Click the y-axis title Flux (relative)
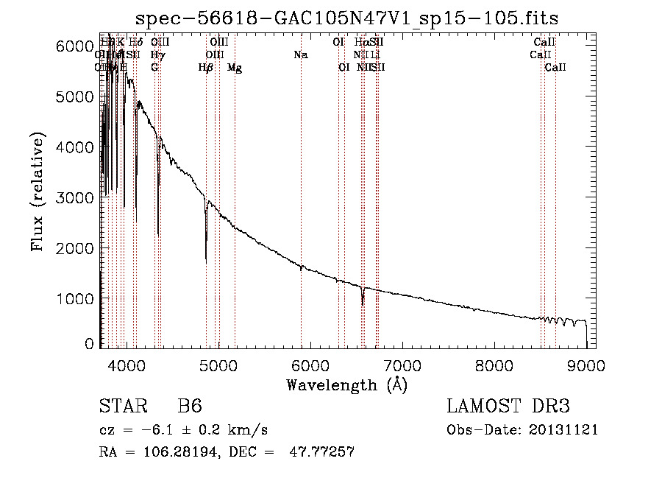[x=38, y=193]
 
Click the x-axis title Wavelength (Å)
[x=346, y=384]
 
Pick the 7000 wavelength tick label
[x=402, y=365]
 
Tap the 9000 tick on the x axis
[x=586, y=365]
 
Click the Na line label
[x=300, y=55]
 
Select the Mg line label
[x=235, y=68]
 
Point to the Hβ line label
[x=206, y=68]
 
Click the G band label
[x=154, y=68]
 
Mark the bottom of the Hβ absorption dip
[x=206, y=261]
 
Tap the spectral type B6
[x=190, y=407]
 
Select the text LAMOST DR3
[x=508, y=407]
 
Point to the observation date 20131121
[x=563, y=429]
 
